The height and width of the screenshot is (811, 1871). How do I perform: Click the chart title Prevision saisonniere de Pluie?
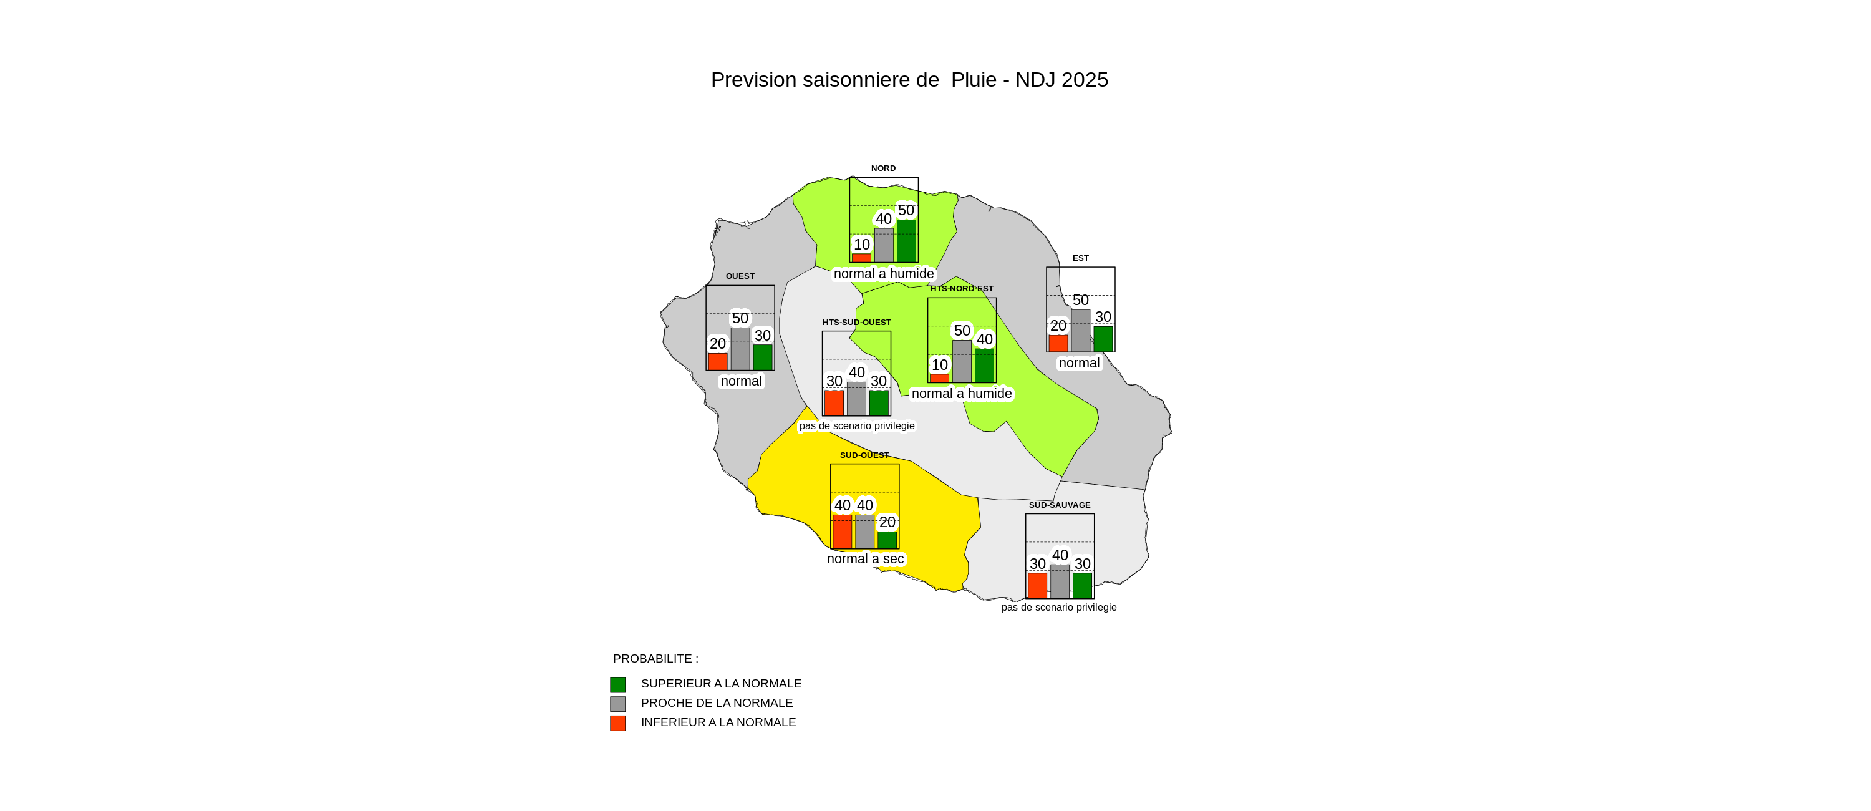[909, 80]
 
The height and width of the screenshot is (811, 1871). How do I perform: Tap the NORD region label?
[883, 168]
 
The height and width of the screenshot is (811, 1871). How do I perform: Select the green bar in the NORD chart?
[906, 241]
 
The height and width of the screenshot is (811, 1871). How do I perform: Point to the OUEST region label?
[740, 276]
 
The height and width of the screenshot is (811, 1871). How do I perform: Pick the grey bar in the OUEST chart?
[740, 349]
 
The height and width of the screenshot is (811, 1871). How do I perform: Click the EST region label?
[1080, 258]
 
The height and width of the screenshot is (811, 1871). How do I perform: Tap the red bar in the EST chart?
[1058, 343]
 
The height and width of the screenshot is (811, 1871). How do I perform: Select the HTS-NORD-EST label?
[962, 288]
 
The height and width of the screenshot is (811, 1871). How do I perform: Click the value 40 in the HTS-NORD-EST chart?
[984, 339]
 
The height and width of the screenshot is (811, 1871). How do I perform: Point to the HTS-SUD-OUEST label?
[856, 322]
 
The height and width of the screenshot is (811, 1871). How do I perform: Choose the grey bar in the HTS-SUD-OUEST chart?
[856, 399]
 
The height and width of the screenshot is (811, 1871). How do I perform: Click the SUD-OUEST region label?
[864, 455]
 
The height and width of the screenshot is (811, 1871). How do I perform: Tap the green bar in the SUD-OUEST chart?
[887, 540]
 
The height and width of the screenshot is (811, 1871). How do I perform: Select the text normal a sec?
[865, 559]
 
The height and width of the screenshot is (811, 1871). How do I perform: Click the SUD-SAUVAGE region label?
[1059, 505]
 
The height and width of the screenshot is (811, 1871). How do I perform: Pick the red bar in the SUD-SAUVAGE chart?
[1037, 586]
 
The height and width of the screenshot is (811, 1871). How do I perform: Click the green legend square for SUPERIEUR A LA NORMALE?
[617, 684]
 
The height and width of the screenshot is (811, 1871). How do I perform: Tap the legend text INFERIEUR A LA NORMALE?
[718, 722]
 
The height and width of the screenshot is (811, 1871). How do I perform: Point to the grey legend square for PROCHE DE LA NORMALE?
[617, 704]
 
